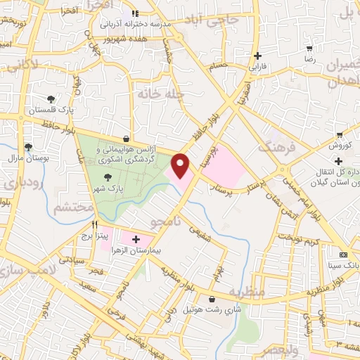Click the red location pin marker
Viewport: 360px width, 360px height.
point(181,166)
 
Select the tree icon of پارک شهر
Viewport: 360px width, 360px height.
point(108,177)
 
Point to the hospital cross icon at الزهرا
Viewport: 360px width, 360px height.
point(136,240)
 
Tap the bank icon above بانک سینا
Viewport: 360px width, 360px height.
point(343,255)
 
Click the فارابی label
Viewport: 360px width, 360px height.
point(259,69)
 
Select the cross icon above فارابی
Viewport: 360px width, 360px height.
point(259,56)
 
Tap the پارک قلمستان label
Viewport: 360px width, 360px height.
point(51,111)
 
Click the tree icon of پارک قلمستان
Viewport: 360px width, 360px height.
point(51,98)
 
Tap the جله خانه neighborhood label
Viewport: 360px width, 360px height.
point(165,93)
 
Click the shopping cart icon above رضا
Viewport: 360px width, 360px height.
point(309,49)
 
